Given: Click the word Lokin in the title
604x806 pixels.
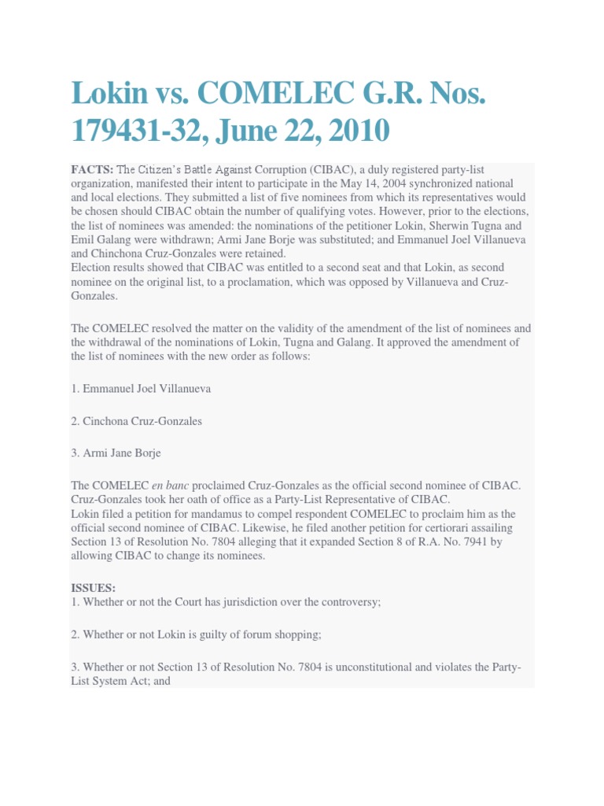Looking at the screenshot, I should (106, 94).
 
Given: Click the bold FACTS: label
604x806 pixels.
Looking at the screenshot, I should (93, 169).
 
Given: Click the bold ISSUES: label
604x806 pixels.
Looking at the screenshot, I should (94, 587).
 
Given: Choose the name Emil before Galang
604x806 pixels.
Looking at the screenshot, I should (83, 240).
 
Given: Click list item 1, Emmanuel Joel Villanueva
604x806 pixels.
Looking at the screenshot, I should (141, 389).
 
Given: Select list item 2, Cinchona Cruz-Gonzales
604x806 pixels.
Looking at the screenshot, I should (136, 421).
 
